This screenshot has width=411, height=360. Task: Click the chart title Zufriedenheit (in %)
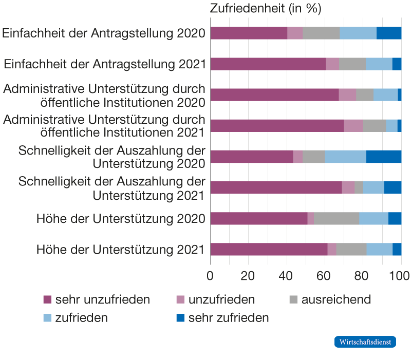click(x=266, y=9)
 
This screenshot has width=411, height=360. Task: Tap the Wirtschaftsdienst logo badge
click(x=365, y=342)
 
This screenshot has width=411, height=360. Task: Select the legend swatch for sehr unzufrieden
click(x=48, y=299)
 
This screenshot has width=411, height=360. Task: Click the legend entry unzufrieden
click(x=221, y=299)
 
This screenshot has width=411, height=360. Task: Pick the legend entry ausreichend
click(x=336, y=299)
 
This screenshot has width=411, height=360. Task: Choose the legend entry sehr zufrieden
click(x=229, y=318)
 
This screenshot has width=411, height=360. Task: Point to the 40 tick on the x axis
click(x=286, y=276)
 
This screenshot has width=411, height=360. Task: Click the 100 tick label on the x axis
click(x=400, y=276)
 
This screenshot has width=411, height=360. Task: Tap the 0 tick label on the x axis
click(x=211, y=276)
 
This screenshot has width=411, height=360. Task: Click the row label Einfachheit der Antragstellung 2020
click(x=104, y=34)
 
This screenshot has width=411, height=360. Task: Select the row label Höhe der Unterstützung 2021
click(x=121, y=250)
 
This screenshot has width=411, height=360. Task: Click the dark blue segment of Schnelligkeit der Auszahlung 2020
click(x=384, y=157)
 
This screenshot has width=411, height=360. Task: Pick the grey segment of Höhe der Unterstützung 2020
click(x=337, y=218)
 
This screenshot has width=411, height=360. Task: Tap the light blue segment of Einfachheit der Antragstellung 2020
click(x=358, y=33)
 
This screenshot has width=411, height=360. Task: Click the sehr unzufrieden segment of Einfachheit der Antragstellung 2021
click(x=268, y=64)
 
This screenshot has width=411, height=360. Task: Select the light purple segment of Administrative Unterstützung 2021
click(x=353, y=126)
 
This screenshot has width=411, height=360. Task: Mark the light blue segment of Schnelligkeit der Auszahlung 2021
click(x=373, y=187)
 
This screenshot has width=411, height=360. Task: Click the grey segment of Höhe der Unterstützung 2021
click(x=351, y=249)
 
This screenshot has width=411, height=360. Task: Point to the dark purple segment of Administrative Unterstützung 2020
click(x=274, y=95)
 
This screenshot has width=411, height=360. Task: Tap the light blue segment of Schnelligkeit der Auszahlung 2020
click(x=345, y=157)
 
